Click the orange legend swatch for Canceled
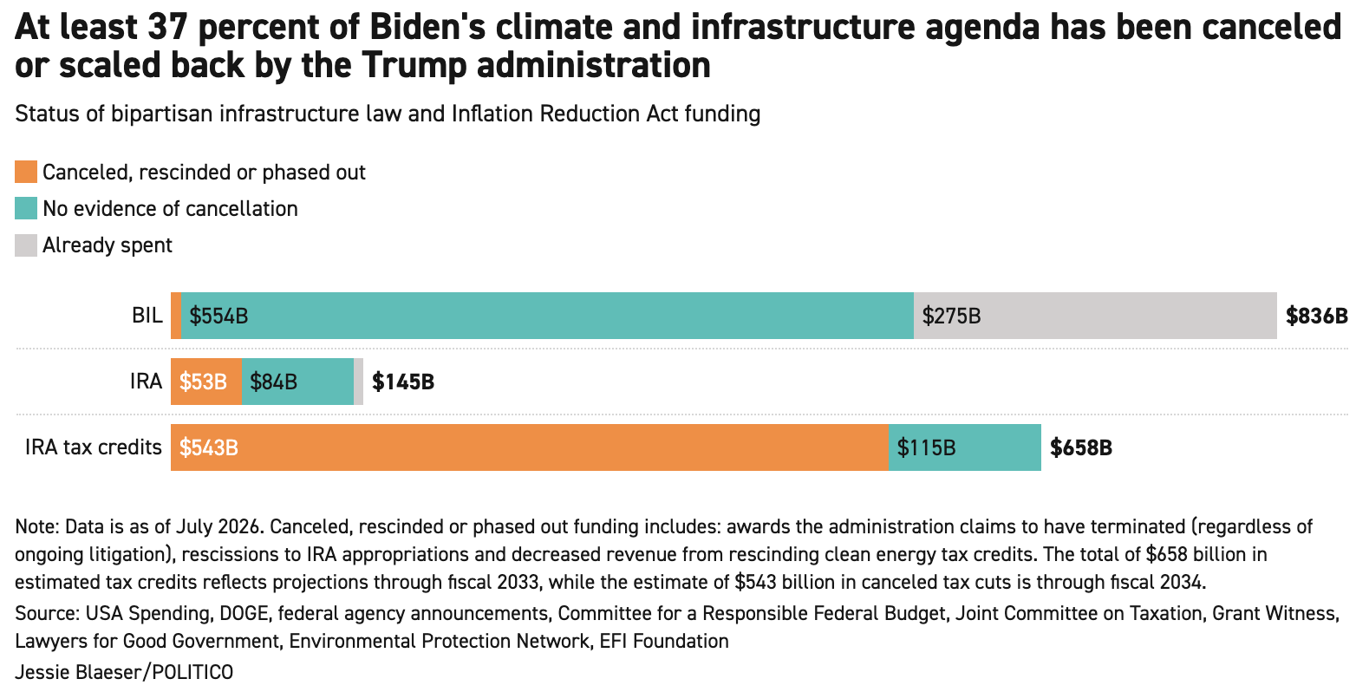(26, 172)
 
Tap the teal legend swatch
(26, 208)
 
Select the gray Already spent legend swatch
(26, 245)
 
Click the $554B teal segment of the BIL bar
(548, 316)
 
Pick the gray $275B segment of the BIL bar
(1095, 316)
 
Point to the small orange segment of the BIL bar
(176, 316)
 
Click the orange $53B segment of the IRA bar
(206, 382)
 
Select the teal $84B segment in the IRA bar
(297, 382)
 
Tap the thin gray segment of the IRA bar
(359, 382)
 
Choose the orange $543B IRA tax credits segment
(530, 447)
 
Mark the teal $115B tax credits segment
(965, 447)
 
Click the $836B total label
(1316, 316)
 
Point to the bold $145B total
(403, 382)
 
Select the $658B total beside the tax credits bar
(1081, 448)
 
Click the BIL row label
(147, 316)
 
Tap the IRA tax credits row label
(94, 447)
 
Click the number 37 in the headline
(166, 27)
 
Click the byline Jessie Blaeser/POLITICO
(124, 672)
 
